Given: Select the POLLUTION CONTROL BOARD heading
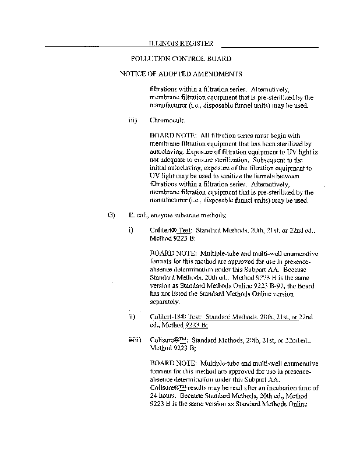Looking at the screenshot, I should point(181,59).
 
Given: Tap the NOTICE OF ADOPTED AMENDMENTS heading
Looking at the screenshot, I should point(181,75).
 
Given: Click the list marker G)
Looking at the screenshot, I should point(112,215).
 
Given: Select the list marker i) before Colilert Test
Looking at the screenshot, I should point(131,230).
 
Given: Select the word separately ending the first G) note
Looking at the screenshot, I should point(165,302).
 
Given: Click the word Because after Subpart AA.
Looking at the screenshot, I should point(303,271).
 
